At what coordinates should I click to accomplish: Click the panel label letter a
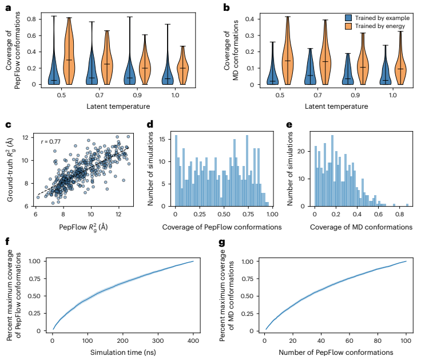point(7,7)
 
